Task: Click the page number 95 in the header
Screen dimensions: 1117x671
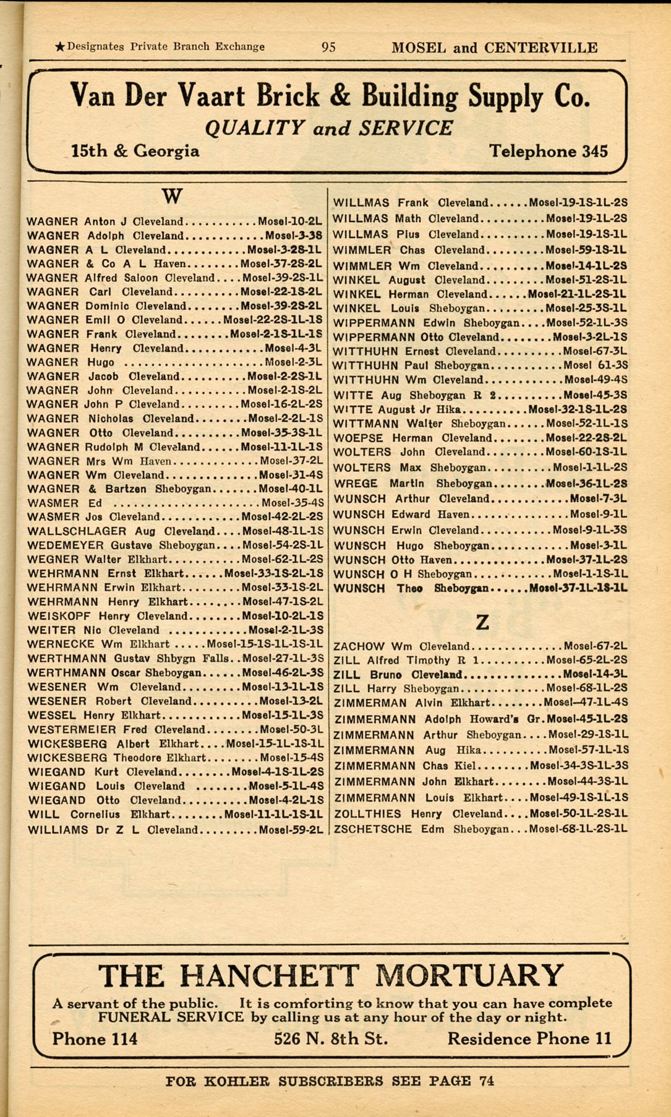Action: point(328,47)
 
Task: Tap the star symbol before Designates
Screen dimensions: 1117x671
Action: point(60,46)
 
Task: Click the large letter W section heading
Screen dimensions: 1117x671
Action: point(172,197)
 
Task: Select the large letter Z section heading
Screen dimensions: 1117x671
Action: point(482,622)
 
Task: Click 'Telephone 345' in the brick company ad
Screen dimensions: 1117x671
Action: point(548,151)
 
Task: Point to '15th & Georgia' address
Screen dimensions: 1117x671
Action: point(135,151)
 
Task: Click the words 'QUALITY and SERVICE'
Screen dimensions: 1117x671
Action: point(328,128)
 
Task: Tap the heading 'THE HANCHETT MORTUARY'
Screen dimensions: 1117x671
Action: point(331,976)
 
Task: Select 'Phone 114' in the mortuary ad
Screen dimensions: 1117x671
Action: point(95,1038)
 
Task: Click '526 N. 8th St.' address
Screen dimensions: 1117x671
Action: point(331,1038)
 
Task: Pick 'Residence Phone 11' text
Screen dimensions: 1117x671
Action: point(529,1038)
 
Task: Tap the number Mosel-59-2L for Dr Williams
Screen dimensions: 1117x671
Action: point(291,830)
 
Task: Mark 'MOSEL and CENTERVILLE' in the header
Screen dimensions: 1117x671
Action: point(494,48)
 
